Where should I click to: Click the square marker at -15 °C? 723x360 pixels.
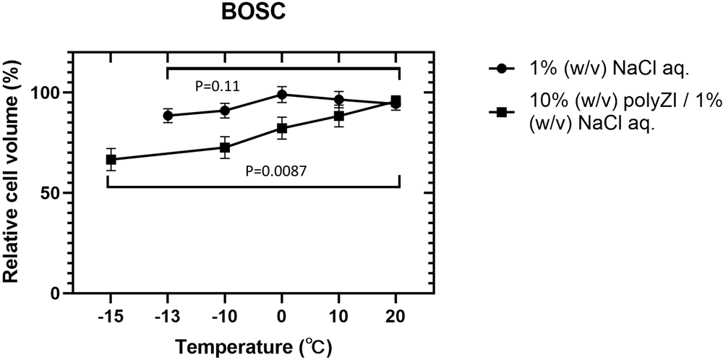111,160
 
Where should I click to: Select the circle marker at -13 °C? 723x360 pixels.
168,116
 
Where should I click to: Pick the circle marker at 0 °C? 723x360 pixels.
282,95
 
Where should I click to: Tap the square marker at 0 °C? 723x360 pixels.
282,129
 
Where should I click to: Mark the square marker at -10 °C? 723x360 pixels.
225,147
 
